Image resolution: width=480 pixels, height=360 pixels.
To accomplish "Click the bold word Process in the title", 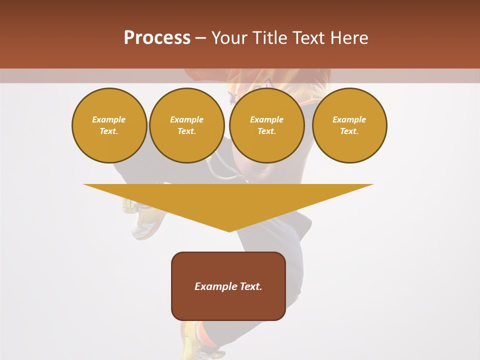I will click(x=157, y=38).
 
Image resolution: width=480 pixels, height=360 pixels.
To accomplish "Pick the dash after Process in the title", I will click(x=200, y=38).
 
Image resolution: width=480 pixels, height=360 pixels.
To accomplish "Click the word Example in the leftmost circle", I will click(x=109, y=119).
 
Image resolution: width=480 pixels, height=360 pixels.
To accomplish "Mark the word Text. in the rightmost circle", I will click(x=349, y=131).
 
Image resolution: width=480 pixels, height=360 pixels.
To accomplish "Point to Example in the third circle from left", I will click(x=266, y=119).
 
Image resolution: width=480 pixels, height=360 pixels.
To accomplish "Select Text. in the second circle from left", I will click(x=186, y=131).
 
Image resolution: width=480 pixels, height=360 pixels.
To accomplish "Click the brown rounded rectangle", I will click(x=228, y=305).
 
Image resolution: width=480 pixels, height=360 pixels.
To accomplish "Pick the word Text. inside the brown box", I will click(x=251, y=286).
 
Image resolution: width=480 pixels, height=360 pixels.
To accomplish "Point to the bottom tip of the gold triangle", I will click(x=229, y=230).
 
